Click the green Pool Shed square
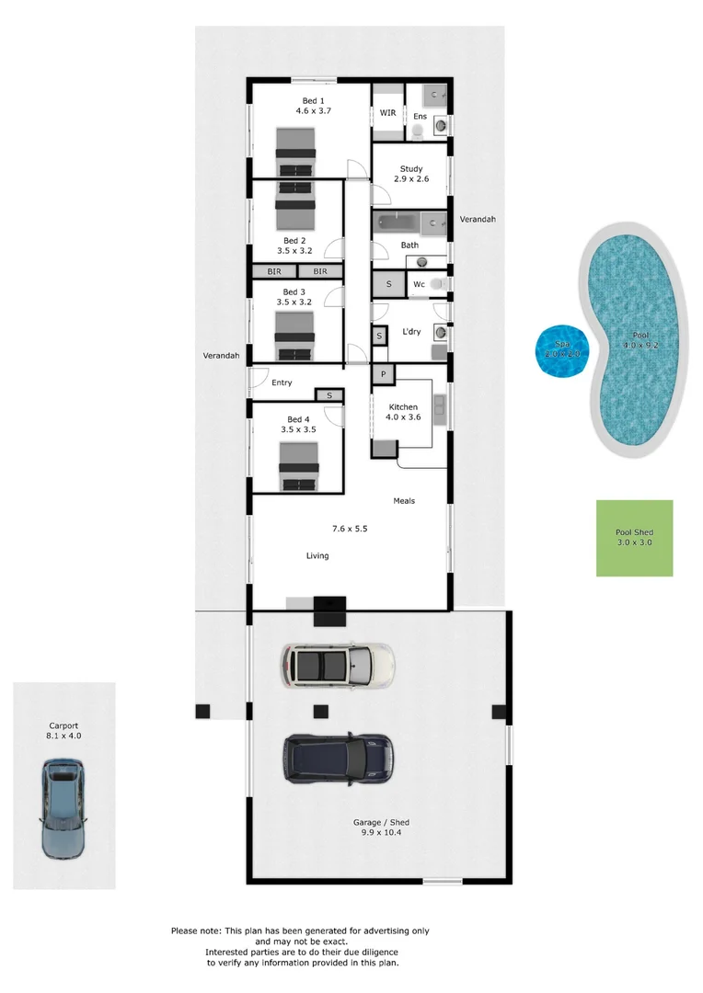[x=634, y=538]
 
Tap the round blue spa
[x=562, y=350]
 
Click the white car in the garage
[x=338, y=665]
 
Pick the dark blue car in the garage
[x=338, y=758]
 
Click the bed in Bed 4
[x=298, y=467]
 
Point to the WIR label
[x=387, y=113]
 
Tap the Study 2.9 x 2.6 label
[x=411, y=175]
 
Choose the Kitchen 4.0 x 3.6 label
[x=403, y=412]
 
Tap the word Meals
[x=404, y=501]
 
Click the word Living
[x=317, y=556]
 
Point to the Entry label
[x=282, y=383]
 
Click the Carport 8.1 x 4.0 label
[x=64, y=731]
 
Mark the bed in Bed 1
[x=296, y=151]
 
